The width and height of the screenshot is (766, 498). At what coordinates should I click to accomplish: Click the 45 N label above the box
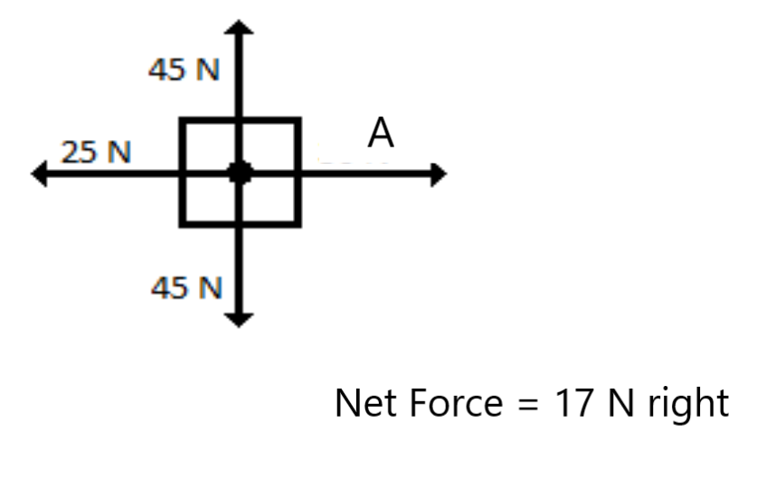coord(184,70)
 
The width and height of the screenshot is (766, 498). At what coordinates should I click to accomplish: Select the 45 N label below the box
coord(185,288)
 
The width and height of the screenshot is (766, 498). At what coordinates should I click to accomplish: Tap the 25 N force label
coord(95,153)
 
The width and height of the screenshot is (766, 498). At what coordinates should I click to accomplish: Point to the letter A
coord(381,135)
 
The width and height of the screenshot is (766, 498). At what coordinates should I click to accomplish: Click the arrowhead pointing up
coord(240,26)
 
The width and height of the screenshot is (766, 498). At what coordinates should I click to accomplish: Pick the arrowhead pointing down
coord(240,317)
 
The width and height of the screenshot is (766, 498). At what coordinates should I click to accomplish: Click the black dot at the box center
coord(240,174)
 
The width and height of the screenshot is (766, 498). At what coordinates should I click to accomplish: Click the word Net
coord(363,402)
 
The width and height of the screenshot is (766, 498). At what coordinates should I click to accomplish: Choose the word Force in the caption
coord(445,402)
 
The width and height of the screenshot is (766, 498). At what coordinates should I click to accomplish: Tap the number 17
coord(567,402)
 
